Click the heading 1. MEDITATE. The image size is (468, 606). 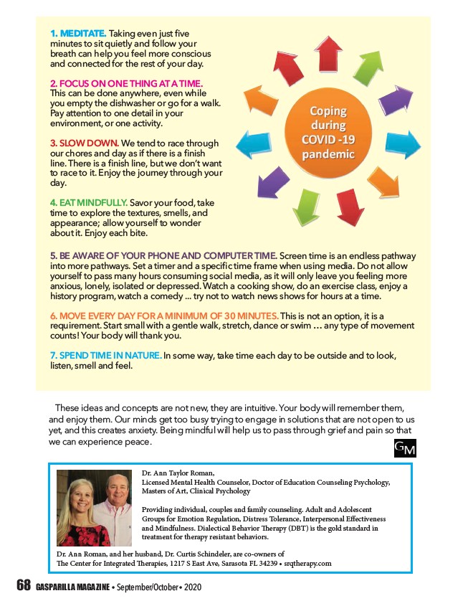(78, 34)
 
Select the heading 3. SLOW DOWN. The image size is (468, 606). (85, 143)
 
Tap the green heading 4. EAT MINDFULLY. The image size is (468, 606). (89, 204)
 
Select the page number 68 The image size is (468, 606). (24, 586)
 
